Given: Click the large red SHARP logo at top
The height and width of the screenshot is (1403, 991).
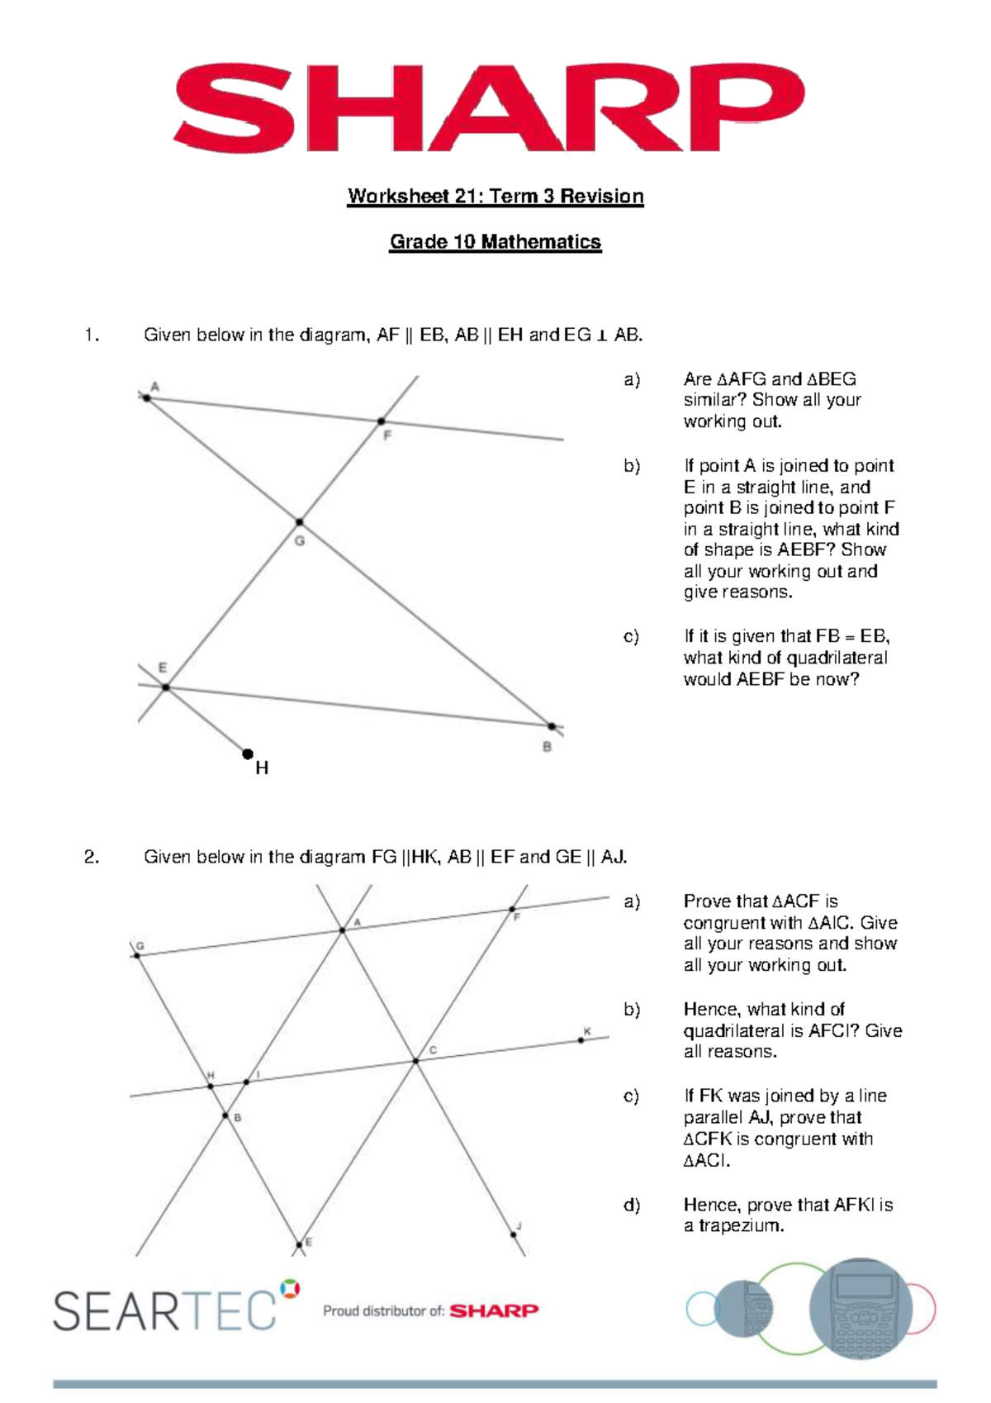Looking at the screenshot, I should click(489, 107).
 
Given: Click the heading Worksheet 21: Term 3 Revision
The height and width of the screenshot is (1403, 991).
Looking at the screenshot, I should click(495, 197).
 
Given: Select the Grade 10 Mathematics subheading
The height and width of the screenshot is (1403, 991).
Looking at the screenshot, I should click(495, 242).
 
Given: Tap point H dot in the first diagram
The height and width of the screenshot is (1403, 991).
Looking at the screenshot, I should click(248, 754).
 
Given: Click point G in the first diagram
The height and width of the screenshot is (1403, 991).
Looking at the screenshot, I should click(299, 522).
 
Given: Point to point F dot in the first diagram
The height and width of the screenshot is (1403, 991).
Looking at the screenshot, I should click(381, 421).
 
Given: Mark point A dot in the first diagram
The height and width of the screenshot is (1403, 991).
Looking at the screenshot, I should click(147, 398).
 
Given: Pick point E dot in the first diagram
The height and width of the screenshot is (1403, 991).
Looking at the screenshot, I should click(165, 687).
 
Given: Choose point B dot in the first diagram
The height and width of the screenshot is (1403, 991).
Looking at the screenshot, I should click(552, 726).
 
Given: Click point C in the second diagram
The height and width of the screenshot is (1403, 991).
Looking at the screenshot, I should click(415, 1061).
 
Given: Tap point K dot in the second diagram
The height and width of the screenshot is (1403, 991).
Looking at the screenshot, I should click(581, 1040).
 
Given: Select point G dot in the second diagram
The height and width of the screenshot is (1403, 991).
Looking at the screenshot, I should click(137, 956).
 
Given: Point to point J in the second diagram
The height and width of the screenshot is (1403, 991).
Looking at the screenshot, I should click(514, 1234).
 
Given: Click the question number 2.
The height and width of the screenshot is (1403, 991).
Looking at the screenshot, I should click(91, 857).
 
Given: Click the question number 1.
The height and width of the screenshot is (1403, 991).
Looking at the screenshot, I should click(91, 335).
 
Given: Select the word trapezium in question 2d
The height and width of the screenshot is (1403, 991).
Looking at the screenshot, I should click(741, 1226).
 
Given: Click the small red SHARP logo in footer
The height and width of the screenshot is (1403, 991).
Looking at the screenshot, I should click(494, 1310).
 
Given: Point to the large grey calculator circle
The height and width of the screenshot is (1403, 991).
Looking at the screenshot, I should click(861, 1308).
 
